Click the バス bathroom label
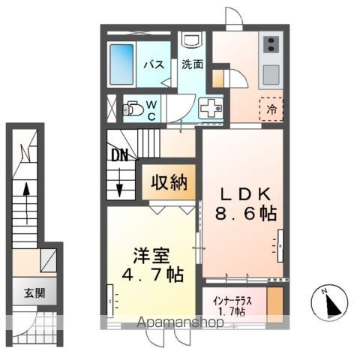[154, 64]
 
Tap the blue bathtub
[121, 64]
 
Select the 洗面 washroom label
[192, 64]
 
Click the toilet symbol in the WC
[133, 108]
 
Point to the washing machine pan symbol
[211, 108]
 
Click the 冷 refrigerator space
[271, 109]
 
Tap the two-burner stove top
[271, 43]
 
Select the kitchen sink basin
[271, 75]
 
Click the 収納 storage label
[169, 182]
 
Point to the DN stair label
[119, 155]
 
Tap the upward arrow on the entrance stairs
[26, 203]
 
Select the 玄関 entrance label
[34, 292]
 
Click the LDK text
[245, 194]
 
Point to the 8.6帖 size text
[246, 213]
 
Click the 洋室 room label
[151, 256]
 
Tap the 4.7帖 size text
[152, 274]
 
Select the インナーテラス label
[232, 301]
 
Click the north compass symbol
[330, 303]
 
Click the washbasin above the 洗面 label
[192, 40]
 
